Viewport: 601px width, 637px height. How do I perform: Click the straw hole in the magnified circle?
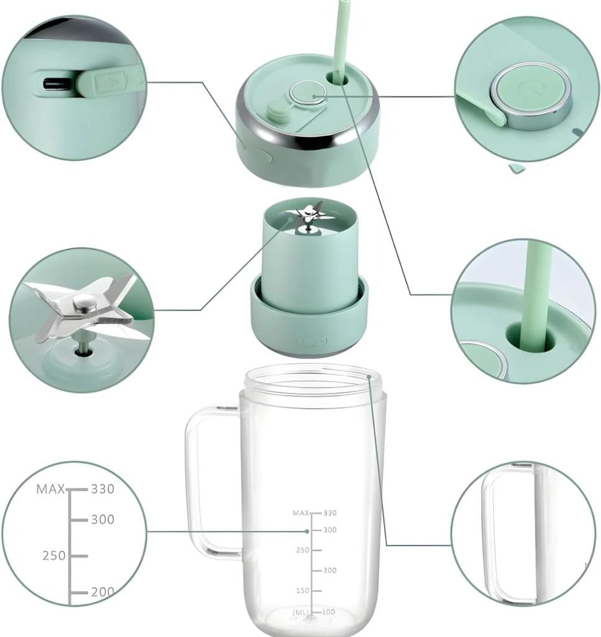(x=530, y=337)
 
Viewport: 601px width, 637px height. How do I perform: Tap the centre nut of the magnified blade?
(x=83, y=302)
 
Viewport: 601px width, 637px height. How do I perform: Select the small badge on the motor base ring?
(x=311, y=342)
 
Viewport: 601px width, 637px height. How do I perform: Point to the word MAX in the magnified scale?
(x=50, y=489)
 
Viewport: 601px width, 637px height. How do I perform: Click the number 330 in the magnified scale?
(x=103, y=489)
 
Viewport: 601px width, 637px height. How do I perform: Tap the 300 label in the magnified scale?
(x=103, y=519)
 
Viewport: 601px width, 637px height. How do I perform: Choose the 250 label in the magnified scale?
(x=54, y=556)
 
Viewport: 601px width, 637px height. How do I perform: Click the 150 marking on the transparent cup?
(x=302, y=590)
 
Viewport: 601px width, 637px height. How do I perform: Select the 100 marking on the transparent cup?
(x=329, y=612)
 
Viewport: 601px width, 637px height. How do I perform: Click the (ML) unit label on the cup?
(x=301, y=613)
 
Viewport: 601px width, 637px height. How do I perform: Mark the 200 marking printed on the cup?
(x=330, y=570)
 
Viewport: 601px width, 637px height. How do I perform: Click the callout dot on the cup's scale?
(x=308, y=531)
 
